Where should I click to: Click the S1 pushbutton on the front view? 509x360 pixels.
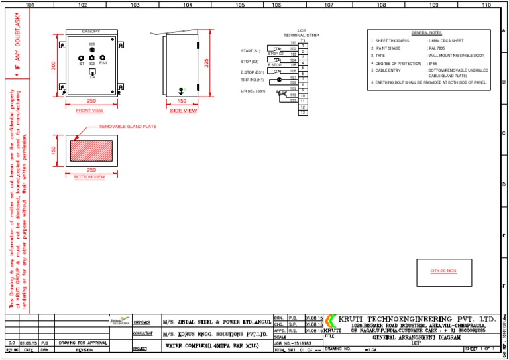[x=82, y=58]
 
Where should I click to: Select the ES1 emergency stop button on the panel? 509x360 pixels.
[x=103, y=58]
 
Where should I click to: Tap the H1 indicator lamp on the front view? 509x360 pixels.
[x=92, y=50]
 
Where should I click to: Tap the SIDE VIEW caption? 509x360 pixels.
[x=184, y=111]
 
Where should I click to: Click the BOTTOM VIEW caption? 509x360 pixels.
[x=89, y=177]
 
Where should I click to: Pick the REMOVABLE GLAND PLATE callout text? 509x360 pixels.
[x=127, y=126]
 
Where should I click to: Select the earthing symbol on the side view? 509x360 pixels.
[x=182, y=91]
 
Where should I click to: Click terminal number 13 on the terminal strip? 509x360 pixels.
[x=303, y=113]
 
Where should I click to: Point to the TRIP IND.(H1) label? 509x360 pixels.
[x=253, y=80]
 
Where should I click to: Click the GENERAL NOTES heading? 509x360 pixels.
[x=426, y=32]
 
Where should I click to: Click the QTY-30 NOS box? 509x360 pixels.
[x=443, y=271]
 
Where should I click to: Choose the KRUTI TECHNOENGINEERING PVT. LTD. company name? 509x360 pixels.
[x=416, y=318]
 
